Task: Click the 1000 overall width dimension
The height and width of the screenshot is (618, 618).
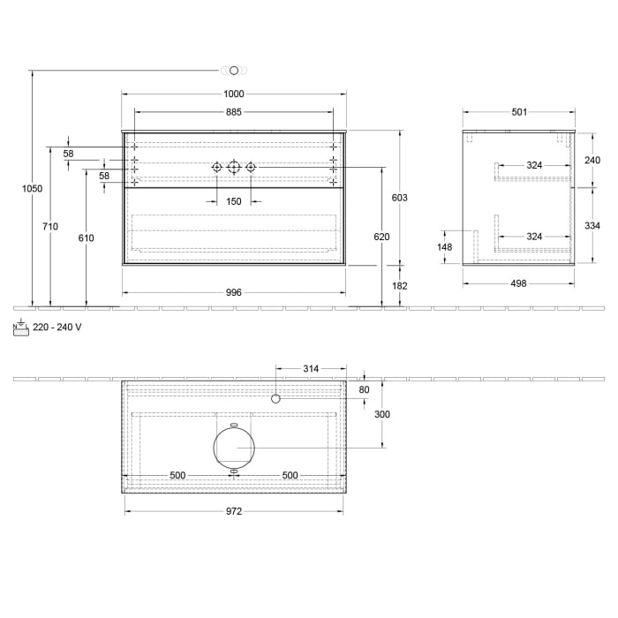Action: tap(233, 94)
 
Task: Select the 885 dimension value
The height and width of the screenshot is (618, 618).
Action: tap(233, 112)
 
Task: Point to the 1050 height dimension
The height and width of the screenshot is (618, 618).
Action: tap(32, 188)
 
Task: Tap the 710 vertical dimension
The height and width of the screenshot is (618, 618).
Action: tap(50, 227)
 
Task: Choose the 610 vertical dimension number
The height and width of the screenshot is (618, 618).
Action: tap(86, 237)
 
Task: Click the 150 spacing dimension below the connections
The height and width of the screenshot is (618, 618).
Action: tap(233, 202)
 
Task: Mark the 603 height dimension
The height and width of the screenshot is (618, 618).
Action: tap(399, 198)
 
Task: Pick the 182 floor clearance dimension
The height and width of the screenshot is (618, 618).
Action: tap(399, 286)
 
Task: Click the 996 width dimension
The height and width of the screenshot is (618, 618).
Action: tap(233, 292)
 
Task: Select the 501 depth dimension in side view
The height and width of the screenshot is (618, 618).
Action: tap(519, 112)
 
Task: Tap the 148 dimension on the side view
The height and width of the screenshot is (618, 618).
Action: tap(445, 247)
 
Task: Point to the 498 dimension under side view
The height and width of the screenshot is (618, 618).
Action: tap(519, 283)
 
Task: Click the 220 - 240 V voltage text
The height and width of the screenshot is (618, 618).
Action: tap(57, 327)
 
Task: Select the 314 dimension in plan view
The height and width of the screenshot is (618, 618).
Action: tap(310, 368)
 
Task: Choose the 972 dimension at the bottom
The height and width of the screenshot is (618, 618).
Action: tap(233, 510)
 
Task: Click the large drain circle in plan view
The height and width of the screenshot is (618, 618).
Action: tap(234, 447)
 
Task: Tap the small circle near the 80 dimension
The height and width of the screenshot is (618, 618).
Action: tap(275, 399)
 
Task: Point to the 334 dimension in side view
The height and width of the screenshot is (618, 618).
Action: tap(592, 226)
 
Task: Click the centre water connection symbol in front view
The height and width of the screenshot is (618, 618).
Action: tap(234, 167)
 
